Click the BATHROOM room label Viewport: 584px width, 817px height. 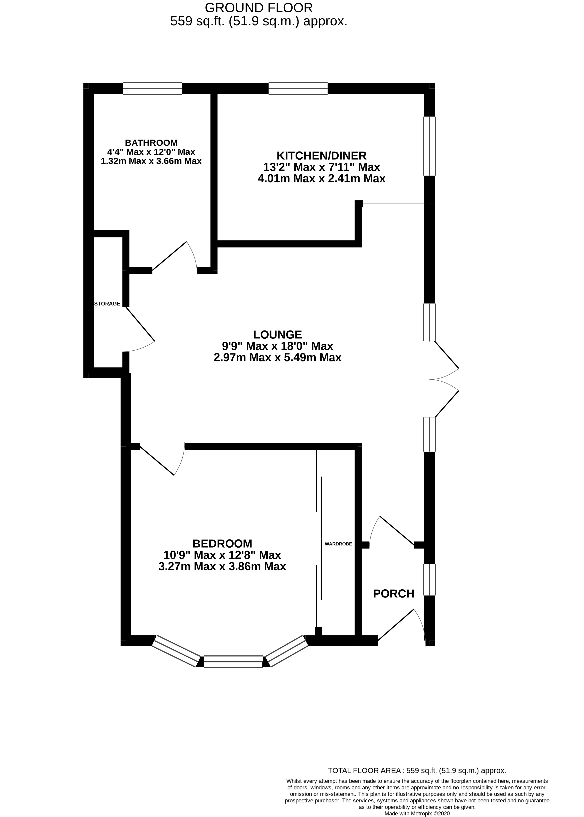pyautogui.click(x=151, y=143)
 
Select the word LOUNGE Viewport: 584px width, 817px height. pyautogui.click(x=277, y=335)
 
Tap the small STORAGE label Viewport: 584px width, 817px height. pyautogui.click(x=107, y=304)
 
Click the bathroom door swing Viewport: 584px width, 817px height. pyautogui.click(x=176, y=257)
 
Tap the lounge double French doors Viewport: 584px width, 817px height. pyautogui.click(x=446, y=379)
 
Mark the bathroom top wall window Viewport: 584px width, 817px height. pyautogui.click(x=152, y=88)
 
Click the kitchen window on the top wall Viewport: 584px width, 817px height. pyautogui.click(x=298, y=88)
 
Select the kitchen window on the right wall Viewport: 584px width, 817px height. pyautogui.click(x=429, y=146)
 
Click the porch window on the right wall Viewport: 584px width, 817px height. pyautogui.click(x=429, y=580)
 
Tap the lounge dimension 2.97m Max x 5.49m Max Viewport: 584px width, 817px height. pyautogui.click(x=277, y=358)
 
